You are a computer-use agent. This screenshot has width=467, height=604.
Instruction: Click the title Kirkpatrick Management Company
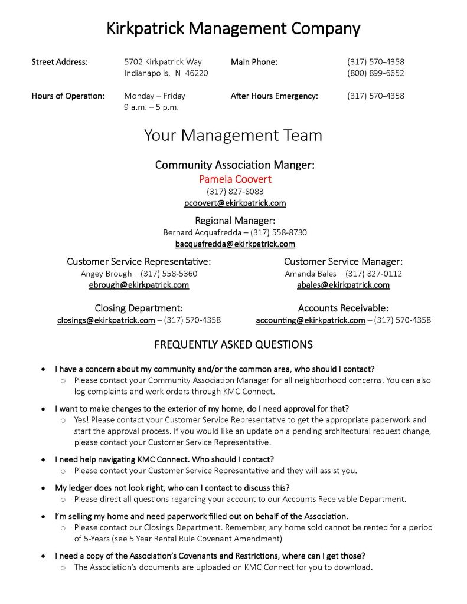[x=233, y=28]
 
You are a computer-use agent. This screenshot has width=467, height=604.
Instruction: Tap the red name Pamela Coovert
[x=235, y=179]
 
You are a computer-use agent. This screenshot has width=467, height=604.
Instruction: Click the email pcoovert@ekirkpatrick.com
[x=235, y=203]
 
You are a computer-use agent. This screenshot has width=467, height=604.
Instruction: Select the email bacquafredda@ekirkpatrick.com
[x=235, y=244]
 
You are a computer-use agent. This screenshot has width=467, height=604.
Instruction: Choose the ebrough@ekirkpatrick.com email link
[x=139, y=285]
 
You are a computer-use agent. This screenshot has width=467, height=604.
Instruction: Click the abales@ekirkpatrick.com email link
[x=343, y=285]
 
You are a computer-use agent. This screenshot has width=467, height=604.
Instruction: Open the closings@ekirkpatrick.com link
[x=106, y=320]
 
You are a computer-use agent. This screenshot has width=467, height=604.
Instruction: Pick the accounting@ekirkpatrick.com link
[x=311, y=320]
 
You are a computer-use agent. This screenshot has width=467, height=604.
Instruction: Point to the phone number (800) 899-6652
[x=375, y=73]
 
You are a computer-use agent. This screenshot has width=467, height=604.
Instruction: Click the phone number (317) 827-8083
[x=235, y=191]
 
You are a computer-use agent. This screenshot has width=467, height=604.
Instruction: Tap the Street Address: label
[x=60, y=61]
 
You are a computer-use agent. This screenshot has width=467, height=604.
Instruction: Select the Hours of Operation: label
[x=68, y=96]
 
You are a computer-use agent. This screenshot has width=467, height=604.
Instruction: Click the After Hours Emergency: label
[x=274, y=96]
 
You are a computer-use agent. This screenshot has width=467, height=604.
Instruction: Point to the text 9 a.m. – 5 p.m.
[x=151, y=107]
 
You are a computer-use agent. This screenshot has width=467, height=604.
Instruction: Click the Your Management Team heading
[x=233, y=136]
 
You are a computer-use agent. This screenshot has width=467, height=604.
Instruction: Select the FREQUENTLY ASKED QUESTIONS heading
[x=233, y=344]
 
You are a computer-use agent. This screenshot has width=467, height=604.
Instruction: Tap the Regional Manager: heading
[x=235, y=221]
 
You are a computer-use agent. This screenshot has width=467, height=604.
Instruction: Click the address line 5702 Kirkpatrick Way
[x=163, y=61]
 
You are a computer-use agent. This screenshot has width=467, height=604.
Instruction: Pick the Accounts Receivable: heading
[x=343, y=308]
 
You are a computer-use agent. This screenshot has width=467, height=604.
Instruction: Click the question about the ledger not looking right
[x=172, y=488]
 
